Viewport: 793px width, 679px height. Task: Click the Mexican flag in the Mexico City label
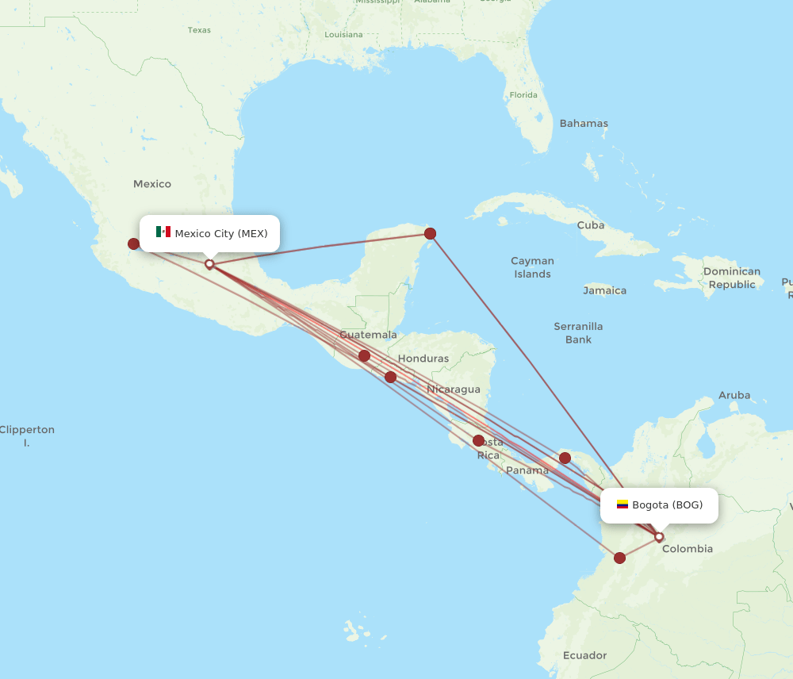(163, 232)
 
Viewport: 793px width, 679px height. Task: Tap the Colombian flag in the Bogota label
(623, 504)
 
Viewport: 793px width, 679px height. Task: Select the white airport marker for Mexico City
(209, 263)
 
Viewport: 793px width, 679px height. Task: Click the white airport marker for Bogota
(658, 537)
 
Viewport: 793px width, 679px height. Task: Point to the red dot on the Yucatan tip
(430, 233)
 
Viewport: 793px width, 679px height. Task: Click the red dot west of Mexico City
(134, 244)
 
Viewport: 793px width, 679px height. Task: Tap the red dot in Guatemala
(364, 355)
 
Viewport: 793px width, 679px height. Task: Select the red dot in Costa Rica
(478, 440)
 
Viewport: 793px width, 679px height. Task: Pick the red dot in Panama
(565, 458)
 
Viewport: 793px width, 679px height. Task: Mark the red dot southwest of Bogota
(619, 558)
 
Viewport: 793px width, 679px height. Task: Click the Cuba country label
(591, 225)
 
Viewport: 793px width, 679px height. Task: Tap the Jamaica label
(604, 290)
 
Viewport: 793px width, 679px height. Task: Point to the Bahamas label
(584, 124)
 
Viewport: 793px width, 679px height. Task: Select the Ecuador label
(584, 655)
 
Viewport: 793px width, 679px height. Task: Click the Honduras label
(423, 359)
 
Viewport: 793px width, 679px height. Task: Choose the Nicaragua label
(454, 389)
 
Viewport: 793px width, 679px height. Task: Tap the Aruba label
(734, 395)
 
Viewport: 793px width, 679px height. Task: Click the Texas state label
(199, 30)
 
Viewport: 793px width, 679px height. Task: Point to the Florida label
(523, 95)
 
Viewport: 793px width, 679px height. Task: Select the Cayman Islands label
(532, 267)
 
